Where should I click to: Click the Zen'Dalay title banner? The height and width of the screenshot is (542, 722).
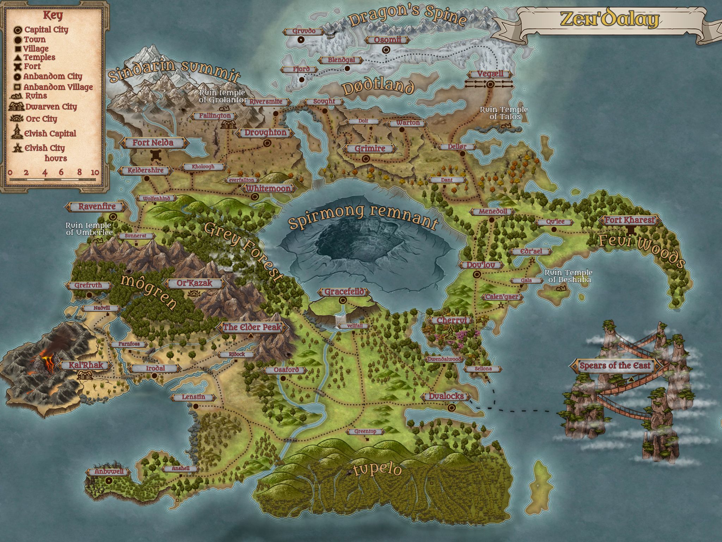point(610,19)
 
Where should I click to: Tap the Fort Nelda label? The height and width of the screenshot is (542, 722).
point(153,143)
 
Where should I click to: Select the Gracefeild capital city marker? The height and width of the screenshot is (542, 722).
point(343,300)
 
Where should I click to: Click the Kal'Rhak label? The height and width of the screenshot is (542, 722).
point(86,365)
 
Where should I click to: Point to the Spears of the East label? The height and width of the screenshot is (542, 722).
point(615,366)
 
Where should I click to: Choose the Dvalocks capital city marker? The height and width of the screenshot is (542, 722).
point(452,408)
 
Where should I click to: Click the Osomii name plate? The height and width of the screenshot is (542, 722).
point(387,40)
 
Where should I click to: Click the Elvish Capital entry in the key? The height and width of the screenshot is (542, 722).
point(50,133)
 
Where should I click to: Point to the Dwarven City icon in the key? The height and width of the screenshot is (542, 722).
point(16,107)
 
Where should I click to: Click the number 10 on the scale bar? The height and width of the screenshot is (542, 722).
point(94,173)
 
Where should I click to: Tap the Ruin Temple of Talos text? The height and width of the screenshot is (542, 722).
point(503,113)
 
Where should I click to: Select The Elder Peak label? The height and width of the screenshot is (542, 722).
point(252,327)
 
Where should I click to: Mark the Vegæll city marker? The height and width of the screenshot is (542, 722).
point(490,84)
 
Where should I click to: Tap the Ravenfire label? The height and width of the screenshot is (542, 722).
point(97,206)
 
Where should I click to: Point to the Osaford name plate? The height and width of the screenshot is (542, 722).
point(286,370)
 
